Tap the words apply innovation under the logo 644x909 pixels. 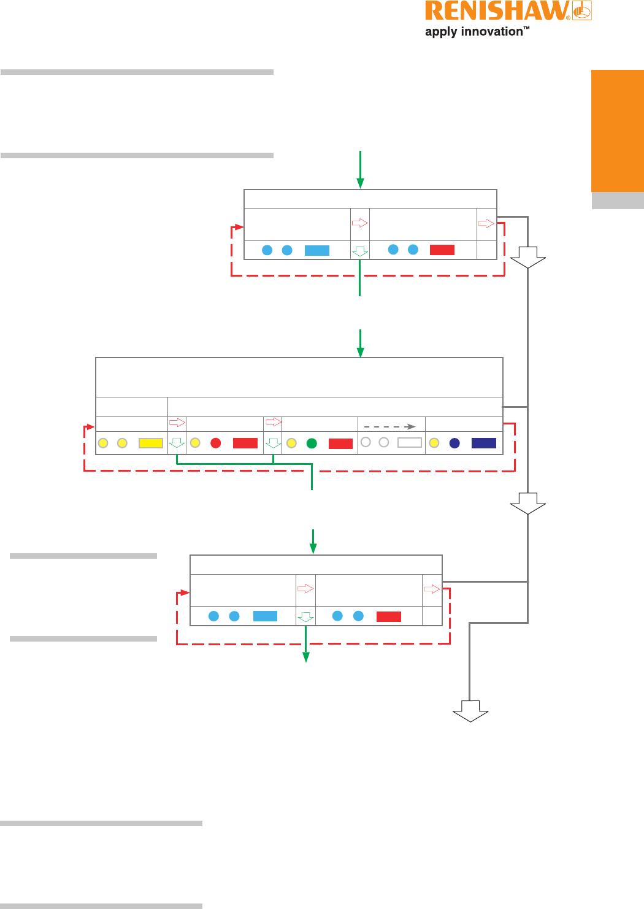[473, 32]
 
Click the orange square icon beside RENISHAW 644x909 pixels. [582, 11]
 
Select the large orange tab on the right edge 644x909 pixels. [617, 131]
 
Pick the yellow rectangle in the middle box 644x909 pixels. [151, 443]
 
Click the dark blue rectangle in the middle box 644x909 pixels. [483, 443]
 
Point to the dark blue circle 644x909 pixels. [454, 443]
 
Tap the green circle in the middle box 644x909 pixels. [312, 443]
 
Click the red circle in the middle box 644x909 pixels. [216, 443]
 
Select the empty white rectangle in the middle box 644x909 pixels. [409, 442]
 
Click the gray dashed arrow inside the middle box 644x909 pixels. [390, 426]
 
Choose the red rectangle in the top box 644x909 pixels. [442, 250]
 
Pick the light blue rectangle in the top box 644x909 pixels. [317, 250]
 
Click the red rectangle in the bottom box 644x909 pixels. [389, 616]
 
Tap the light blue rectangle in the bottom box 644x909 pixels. [265, 616]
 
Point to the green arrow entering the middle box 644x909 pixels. [361, 343]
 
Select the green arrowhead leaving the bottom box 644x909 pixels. [305, 658]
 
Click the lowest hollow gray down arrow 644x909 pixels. [470, 715]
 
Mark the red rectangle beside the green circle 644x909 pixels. [340, 443]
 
